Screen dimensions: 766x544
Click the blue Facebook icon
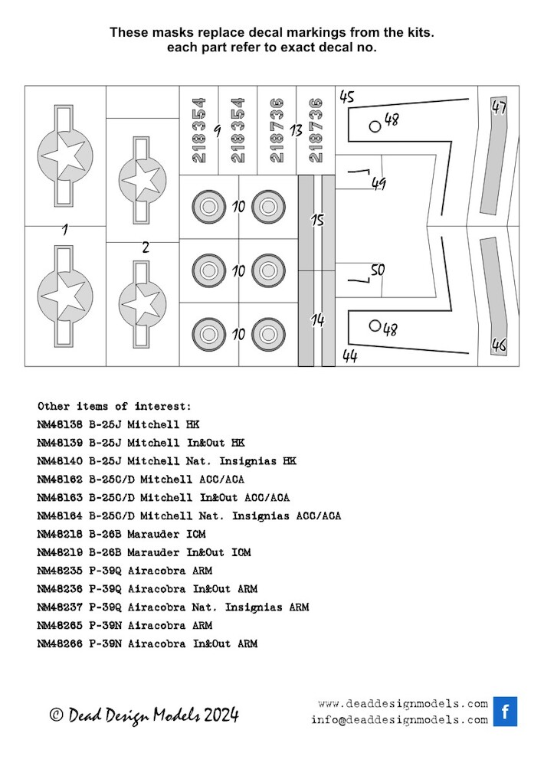click(x=505, y=711)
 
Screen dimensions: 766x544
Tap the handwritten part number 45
click(x=346, y=97)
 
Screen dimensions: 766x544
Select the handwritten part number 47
click(x=499, y=108)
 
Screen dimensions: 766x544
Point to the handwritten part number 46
click(x=499, y=345)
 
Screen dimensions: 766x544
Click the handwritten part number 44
click(x=349, y=356)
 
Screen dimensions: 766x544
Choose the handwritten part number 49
click(x=378, y=184)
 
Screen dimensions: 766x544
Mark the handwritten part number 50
click(x=377, y=270)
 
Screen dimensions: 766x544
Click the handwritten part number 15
click(x=317, y=221)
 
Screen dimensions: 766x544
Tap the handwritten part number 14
click(x=317, y=319)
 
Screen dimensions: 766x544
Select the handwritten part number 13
click(x=297, y=131)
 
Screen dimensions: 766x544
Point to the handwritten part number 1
click(x=64, y=229)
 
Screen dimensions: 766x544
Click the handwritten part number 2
click(x=146, y=247)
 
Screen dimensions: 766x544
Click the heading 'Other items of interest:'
click(x=114, y=406)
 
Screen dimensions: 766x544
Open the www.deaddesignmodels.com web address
click(x=402, y=703)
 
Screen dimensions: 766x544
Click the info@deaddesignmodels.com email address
click(x=399, y=719)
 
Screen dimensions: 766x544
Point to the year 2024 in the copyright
click(x=221, y=715)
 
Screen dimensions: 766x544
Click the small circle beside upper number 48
click(x=375, y=126)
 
